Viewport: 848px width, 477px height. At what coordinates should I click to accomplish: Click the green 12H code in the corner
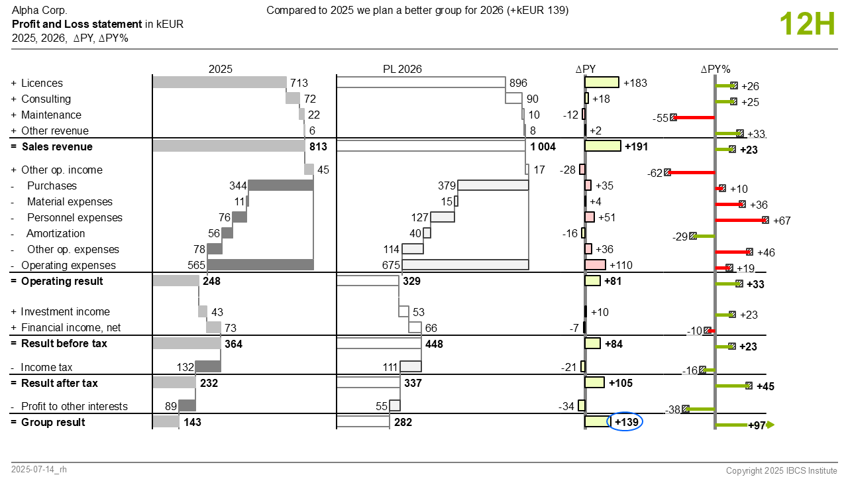tap(807, 24)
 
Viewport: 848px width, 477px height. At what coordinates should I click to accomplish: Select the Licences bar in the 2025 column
tap(219, 82)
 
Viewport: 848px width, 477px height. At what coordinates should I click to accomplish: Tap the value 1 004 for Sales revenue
tap(543, 146)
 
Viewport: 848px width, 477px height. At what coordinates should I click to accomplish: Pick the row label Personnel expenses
tap(75, 218)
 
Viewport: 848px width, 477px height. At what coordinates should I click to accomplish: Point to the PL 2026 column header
tap(402, 69)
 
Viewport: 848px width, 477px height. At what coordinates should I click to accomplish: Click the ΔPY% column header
tap(715, 69)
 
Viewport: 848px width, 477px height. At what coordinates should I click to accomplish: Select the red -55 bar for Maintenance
tap(694, 118)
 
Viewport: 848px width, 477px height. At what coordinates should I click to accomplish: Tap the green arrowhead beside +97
tap(770, 425)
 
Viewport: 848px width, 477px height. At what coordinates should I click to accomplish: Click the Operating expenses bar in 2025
tap(260, 264)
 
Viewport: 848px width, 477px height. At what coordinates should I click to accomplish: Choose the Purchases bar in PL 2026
tap(493, 185)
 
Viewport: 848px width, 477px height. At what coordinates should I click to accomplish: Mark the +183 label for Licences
tap(635, 83)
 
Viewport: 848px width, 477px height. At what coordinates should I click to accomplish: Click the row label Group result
tap(53, 422)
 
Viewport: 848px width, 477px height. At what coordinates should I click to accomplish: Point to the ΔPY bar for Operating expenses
tap(595, 264)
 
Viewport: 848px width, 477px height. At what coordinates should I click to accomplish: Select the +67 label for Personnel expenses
tap(782, 221)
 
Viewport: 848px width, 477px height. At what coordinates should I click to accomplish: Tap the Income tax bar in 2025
tap(208, 366)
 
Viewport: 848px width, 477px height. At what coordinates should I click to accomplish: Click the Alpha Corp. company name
tap(39, 10)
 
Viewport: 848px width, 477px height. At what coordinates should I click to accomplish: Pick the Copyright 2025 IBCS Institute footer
tap(781, 470)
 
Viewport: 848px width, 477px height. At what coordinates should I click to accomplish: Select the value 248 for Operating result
tap(211, 282)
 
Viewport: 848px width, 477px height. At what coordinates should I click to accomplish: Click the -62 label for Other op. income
tap(655, 173)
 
